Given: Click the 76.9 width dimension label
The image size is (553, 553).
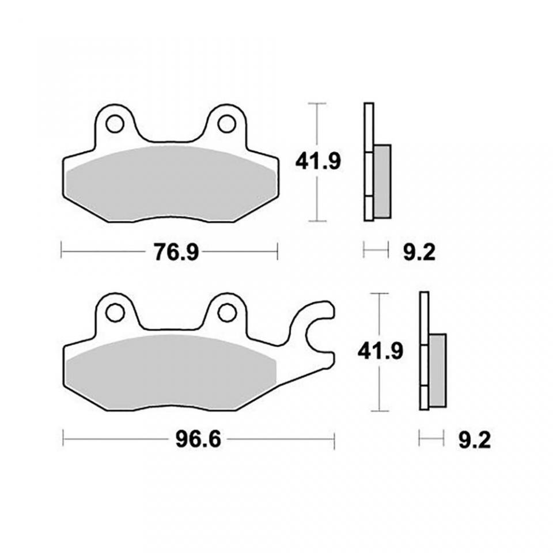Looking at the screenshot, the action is [x=176, y=252].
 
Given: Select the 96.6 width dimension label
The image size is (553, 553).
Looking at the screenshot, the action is [x=198, y=440].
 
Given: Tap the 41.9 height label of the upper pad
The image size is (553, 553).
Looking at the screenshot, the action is [x=318, y=162].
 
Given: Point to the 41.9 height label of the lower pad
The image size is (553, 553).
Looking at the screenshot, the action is [x=380, y=351].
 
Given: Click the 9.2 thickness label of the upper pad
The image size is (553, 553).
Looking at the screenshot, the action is [x=419, y=252].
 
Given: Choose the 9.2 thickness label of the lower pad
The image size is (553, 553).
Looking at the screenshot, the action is [x=475, y=441].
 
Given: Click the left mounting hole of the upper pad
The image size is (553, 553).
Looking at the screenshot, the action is [x=115, y=124].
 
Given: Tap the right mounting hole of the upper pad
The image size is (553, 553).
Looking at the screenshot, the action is [x=227, y=124].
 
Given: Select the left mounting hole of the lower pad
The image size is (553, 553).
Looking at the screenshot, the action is [x=115, y=313].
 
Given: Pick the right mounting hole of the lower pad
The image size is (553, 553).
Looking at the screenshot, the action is [x=227, y=313].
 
